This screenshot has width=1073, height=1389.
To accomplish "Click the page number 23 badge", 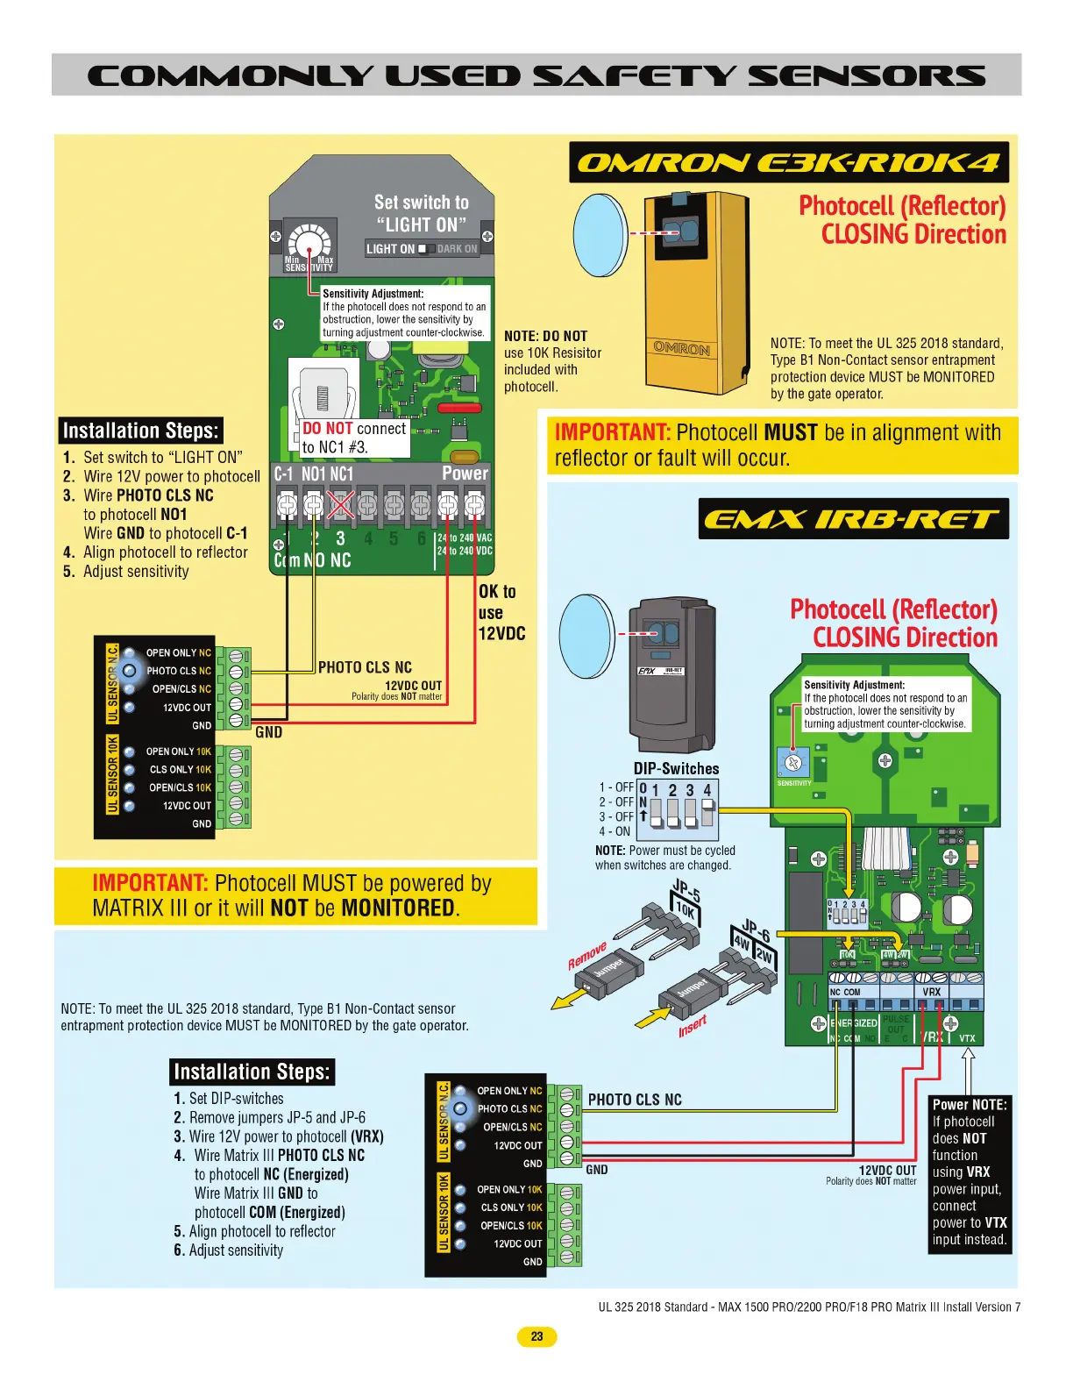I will tap(536, 1336).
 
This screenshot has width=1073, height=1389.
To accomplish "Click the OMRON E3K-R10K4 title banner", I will tap(788, 163).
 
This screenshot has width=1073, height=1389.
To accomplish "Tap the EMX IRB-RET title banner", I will tap(853, 519).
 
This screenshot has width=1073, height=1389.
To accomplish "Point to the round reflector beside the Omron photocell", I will tap(600, 234).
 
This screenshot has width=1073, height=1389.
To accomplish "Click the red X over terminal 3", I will tap(340, 505).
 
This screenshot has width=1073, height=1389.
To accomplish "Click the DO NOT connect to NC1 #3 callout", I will tap(353, 438).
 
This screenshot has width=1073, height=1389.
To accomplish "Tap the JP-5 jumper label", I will tap(686, 893).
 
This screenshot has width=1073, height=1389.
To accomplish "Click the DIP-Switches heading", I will tap(676, 769).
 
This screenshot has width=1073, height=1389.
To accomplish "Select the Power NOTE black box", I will tap(969, 1172).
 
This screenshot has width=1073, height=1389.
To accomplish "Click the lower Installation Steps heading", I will tap(252, 1072).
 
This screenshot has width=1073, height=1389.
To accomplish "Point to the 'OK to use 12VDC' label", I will tap(501, 612).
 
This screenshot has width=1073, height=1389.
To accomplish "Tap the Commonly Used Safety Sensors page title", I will tap(536, 75).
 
